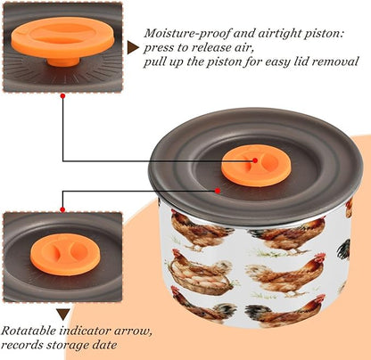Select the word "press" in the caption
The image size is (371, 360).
tap(159, 48)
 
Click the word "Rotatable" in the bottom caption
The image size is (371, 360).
tap(29, 331)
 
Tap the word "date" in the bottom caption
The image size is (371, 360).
tap(103, 346)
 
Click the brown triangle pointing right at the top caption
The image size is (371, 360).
tap(132, 47)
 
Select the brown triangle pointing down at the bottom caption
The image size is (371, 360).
tap(63, 315)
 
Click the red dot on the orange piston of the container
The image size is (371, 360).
tap(255, 160)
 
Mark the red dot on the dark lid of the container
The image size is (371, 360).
tap(218, 191)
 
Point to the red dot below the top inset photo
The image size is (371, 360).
tap(62, 96)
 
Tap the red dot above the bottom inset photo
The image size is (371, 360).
tap(62, 209)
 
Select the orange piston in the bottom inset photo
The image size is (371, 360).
tap(64, 254)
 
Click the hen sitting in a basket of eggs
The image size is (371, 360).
tap(201, 273)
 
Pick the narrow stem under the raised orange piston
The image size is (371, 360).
tap(63, 61)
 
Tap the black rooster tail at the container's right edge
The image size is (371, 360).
tap(343, 250)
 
